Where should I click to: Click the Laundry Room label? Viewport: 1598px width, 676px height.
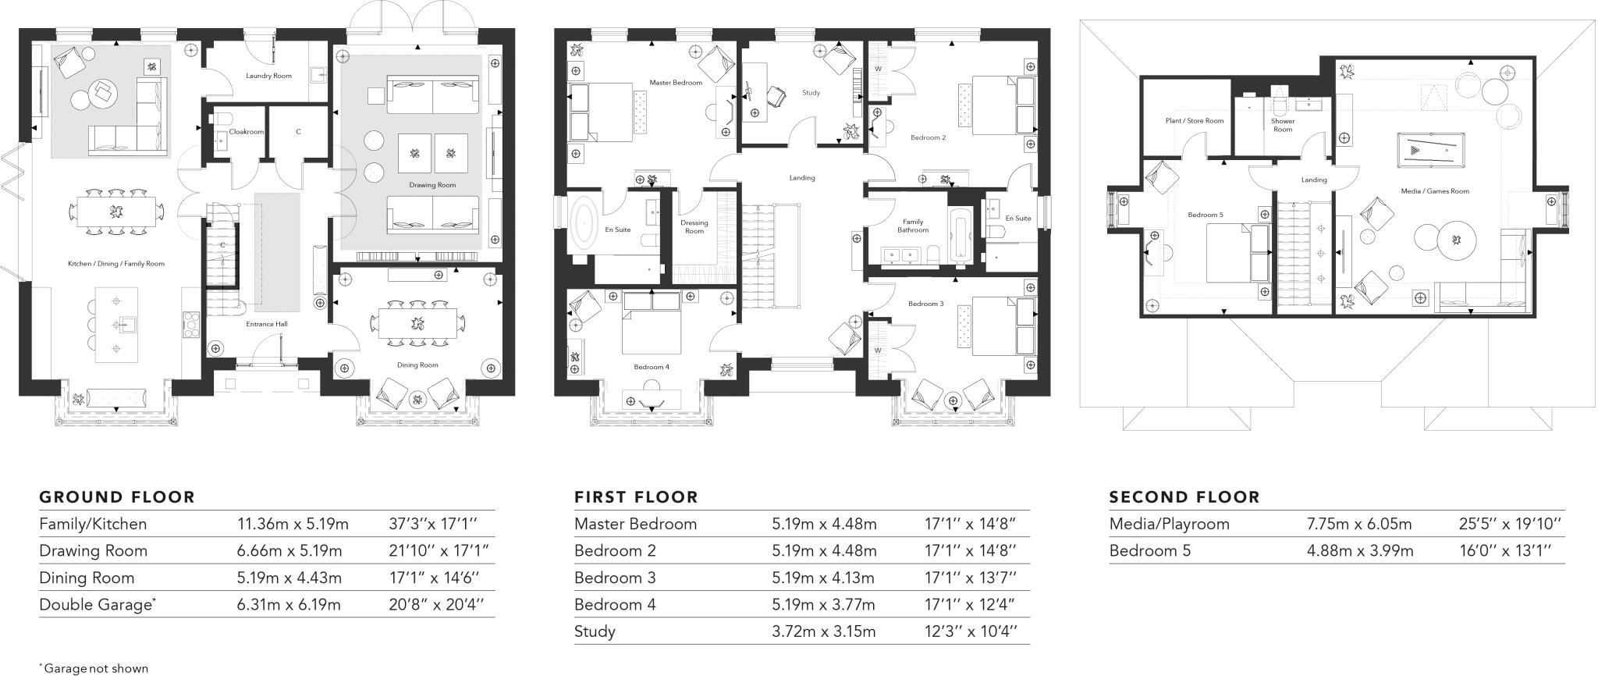[268, 76]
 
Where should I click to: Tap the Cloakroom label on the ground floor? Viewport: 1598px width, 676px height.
[247, 132]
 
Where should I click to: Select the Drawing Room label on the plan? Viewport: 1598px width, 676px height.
[432, 185]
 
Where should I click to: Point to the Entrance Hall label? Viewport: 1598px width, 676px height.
[267, 324]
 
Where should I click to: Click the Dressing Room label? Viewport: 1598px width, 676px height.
[694, 227]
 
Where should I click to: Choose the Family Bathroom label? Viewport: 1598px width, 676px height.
[913, 226]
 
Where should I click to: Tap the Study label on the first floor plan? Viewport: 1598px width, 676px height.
[811, 93]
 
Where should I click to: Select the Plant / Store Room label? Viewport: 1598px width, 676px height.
[1195, 121]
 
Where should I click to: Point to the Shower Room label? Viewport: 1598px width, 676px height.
[1283, 125]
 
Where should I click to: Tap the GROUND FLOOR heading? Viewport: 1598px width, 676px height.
[117, 497]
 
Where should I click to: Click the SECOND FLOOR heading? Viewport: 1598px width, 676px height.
[1184, 497]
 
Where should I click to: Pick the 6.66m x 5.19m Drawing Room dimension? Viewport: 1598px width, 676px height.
[289, 551]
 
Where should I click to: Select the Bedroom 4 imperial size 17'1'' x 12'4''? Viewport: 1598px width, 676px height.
[970, 605]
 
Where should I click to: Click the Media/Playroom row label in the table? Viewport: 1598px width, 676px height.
[1169, 525]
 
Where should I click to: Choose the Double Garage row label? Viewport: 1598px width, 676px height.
[96, 605]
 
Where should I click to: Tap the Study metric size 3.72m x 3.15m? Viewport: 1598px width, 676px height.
[824, 632]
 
